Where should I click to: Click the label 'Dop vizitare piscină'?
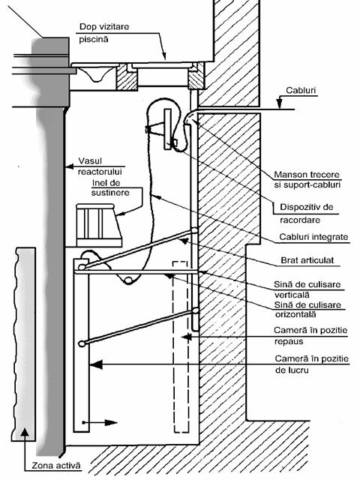[104, 33]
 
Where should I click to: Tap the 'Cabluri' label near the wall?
[301, 90]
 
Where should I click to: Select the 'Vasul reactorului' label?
[100, 166]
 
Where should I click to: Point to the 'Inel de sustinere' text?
[110, 187]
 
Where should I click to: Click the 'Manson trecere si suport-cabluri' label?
[307, 180]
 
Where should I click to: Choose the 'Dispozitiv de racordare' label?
[306, 213]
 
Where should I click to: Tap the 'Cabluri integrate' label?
[313, 237]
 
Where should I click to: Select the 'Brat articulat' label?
[307, 260]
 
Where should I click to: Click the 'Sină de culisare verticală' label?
[307, 289]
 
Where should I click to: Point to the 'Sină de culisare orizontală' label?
[307, 310]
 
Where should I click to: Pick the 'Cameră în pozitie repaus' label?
[310, 336]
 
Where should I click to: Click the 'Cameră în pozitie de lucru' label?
[312, 364]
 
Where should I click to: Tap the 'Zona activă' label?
[56, 466]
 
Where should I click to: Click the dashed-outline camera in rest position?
[181, 346]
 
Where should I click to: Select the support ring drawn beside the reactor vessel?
[98, 225]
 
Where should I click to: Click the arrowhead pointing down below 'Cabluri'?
[280, 103]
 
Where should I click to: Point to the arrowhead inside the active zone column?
[25, 433]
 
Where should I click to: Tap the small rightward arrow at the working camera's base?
[100, 423]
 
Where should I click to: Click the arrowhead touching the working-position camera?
[96, 364]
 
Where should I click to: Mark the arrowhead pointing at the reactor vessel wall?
[70, 166]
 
